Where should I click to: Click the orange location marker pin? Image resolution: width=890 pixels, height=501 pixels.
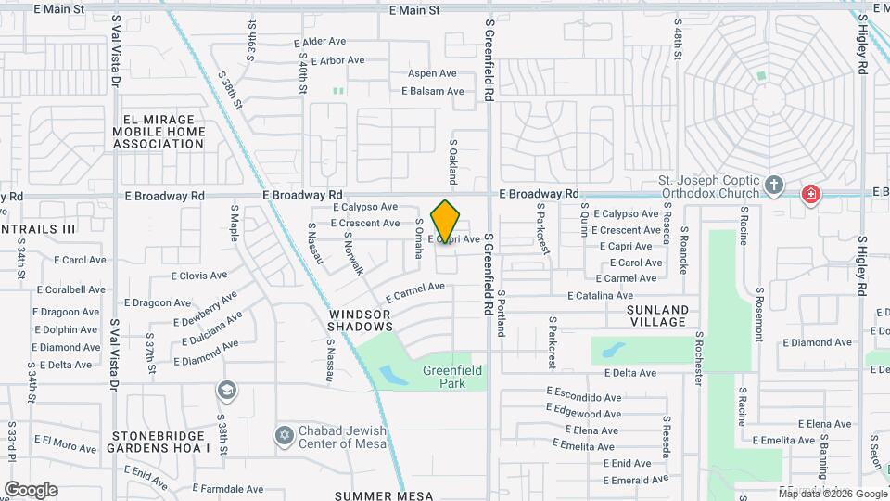[446, 221]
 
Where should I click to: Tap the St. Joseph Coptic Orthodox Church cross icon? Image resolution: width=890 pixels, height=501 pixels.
[775, 185]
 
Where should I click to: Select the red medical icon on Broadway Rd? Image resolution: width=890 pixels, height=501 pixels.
[811, 195]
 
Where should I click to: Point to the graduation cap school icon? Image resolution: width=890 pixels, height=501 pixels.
[226, 392]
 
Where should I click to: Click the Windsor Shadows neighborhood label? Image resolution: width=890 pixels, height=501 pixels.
[361, 321]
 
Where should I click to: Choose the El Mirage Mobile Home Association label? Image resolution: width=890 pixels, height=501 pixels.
[164, 132]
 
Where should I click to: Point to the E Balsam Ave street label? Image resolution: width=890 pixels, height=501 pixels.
[432, 91]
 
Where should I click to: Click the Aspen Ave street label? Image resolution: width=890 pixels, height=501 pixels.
[432, 73]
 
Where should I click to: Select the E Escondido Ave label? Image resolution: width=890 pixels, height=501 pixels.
[584, 396]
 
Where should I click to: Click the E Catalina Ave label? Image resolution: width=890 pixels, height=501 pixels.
[601, 295]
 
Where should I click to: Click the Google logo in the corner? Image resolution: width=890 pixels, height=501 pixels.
[31, 490]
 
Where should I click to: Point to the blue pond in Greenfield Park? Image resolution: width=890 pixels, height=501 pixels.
[392, 376]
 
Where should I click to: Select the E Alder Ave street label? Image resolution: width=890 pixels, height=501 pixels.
[319, 42]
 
